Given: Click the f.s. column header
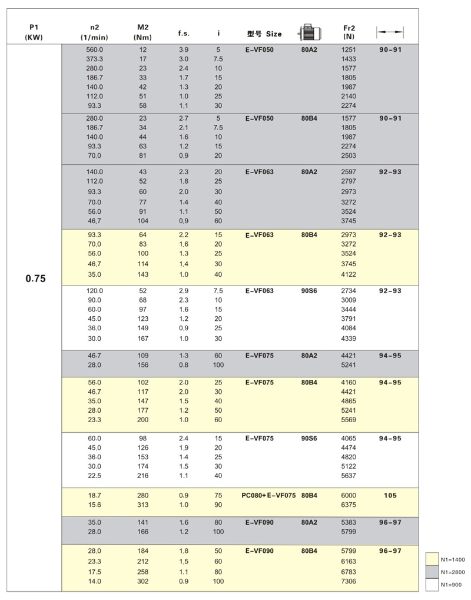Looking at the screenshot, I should [184, 34].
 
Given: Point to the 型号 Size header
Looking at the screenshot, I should [264, 34].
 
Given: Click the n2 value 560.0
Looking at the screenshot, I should [94, 50].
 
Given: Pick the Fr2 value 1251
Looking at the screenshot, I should [349, 50].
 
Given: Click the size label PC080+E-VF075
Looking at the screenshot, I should [268, 496].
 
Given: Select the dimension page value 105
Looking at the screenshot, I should [390, 496].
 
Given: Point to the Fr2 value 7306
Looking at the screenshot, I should [349, 581].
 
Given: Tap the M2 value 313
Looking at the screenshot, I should [142, 506].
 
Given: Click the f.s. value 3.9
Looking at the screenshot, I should [184, 50].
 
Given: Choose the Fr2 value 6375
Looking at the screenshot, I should [349, 506].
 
